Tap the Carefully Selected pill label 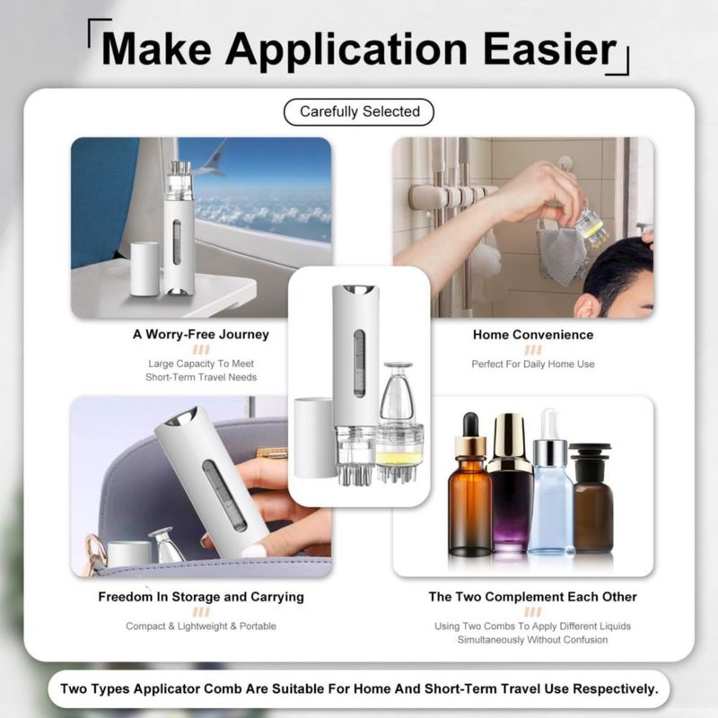click(x=359, y=111)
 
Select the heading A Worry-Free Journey click(x=200, y=334)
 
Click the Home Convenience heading click(x=533, y=335)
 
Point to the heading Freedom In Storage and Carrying click(x=201, y=597)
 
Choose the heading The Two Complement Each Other click(x=532, y=597)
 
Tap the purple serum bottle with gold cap click(x=510, y=483)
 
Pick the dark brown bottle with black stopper click(x=592, y=498)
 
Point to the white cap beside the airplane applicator click(x=144, y=269)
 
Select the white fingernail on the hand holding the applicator click(x=253, y=551)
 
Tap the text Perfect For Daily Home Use click(x=533, y=364)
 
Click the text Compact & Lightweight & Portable click(x=201, y=626)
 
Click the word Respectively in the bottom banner click(x=616, y=688)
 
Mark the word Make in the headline click(x=156, y=48)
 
